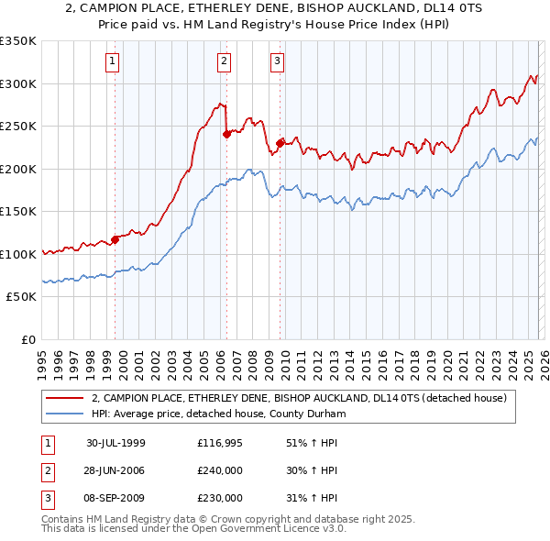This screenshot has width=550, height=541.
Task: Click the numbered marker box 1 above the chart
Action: (x=112, y=61)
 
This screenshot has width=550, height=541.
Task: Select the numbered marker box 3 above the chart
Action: (x=276, y=61)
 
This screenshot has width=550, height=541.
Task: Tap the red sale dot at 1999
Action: (x=115, y=240)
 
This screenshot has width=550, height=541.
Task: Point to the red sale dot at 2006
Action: (x=226, y=134)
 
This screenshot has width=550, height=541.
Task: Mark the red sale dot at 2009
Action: (x=279, y=143)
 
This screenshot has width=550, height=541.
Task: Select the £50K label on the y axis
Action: (x=21, y=297)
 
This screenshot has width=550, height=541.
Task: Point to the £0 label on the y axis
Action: (x=27, y=339)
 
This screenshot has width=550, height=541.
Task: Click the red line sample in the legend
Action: (x=64, y=398)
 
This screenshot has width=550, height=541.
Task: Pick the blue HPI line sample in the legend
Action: (x=64, y=414)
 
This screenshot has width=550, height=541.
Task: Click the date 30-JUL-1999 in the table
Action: (x=115, y=443)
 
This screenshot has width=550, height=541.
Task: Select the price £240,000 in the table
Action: (x=220, y=470)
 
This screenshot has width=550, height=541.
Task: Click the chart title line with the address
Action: (x=275, y=8)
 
